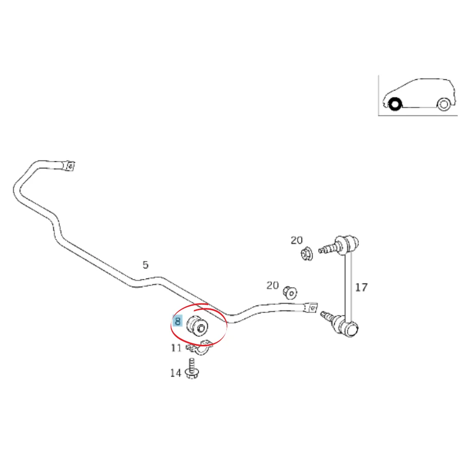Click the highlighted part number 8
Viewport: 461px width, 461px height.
(177, 321)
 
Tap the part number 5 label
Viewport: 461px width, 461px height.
(145, 265)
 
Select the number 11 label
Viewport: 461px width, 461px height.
(176, 348)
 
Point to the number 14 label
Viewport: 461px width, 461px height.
(176, 373)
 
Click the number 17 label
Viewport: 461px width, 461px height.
(361, 287)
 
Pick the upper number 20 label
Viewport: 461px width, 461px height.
(296, 241)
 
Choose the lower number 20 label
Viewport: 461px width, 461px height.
(272, 285)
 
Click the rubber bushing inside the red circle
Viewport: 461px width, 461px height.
(197, 325)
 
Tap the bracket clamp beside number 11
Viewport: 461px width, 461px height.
(200, 347)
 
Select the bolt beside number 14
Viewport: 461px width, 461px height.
(192, 369)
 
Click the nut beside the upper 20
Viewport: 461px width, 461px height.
(307, 254)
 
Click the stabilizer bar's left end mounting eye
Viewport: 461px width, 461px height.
(70, 166)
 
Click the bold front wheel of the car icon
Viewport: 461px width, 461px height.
(395, 104)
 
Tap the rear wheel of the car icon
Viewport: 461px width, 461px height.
(443, 104)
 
